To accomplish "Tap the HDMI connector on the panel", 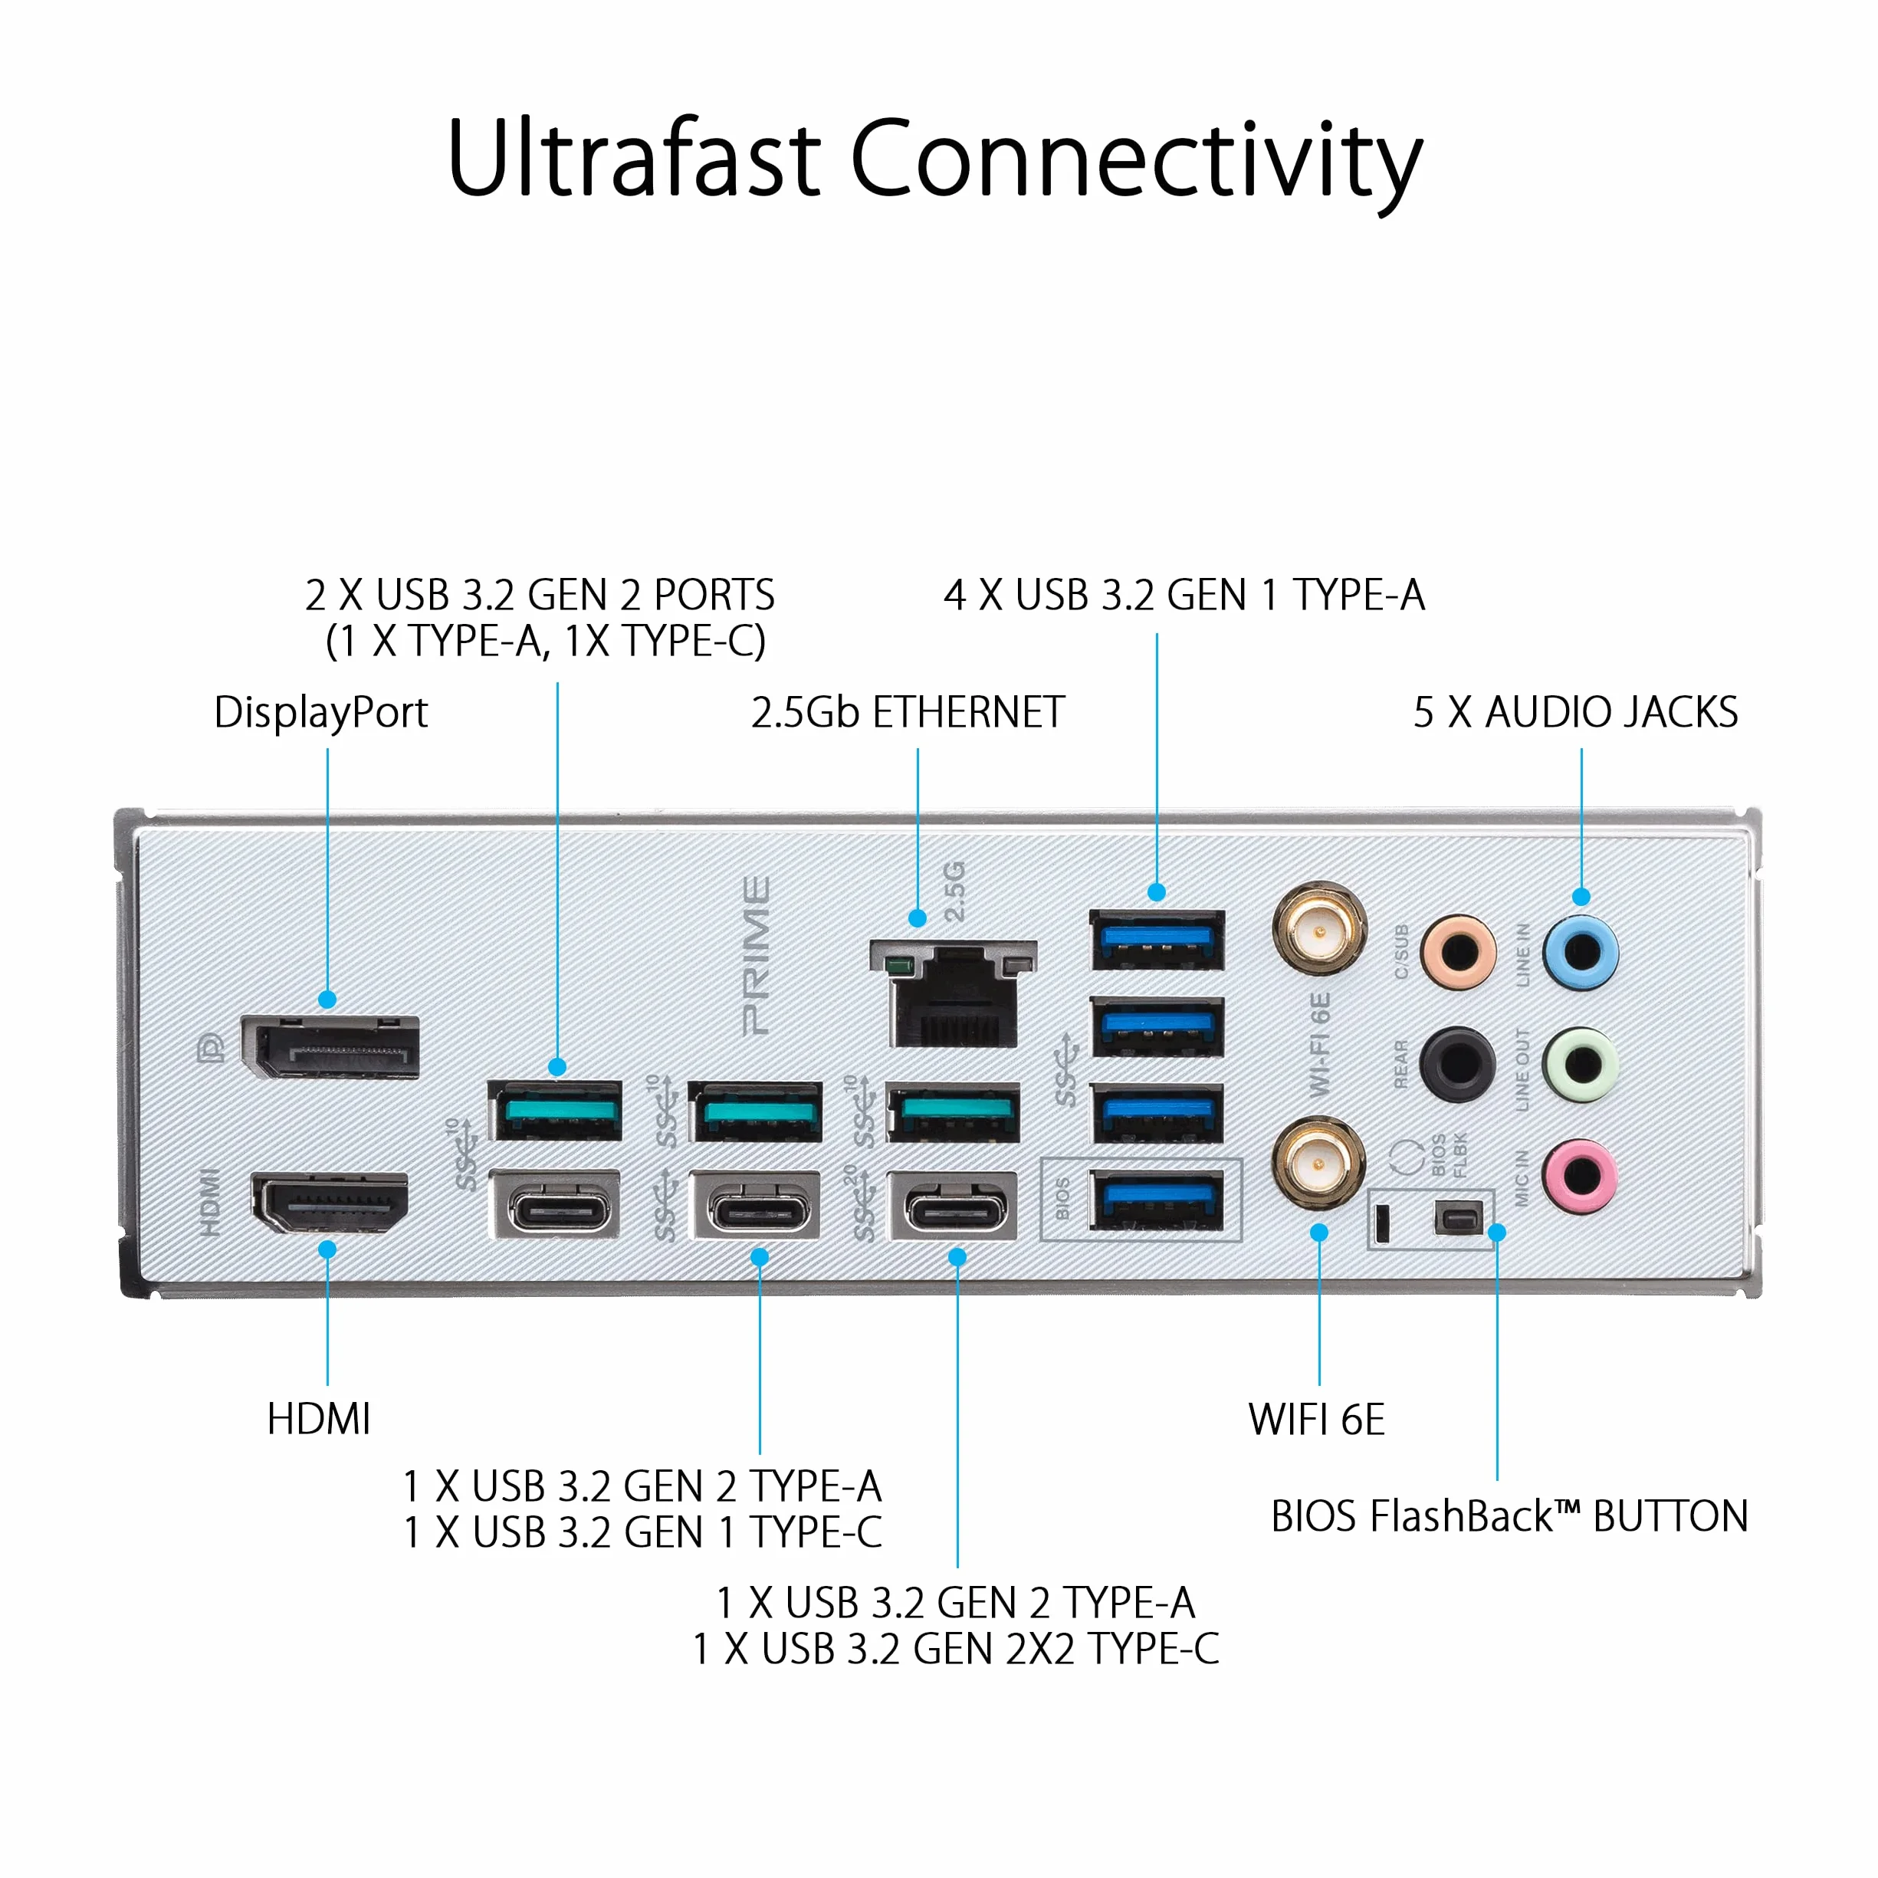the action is pos(330,1203).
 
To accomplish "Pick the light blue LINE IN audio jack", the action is pos(1581,950).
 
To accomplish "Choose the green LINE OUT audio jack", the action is pos(1581,1063).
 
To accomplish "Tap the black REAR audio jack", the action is pos(1457,1063).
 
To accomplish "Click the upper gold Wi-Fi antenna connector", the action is pos(1319,931).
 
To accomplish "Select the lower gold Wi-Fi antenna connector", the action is pos(1319,1163).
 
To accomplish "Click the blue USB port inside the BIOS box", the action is pos(1157,1200).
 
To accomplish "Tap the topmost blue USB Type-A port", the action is pos(1157,940).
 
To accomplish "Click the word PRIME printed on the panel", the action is pos(757,956).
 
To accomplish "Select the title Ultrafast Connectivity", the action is pos(935,159).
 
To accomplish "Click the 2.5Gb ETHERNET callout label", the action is pos(908,713).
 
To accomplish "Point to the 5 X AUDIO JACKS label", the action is pos(1576,713).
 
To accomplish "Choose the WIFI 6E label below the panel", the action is pos(1317,1420).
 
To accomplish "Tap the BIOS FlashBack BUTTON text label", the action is pos(1509,1516).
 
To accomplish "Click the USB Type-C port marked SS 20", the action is pos(953,1207).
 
